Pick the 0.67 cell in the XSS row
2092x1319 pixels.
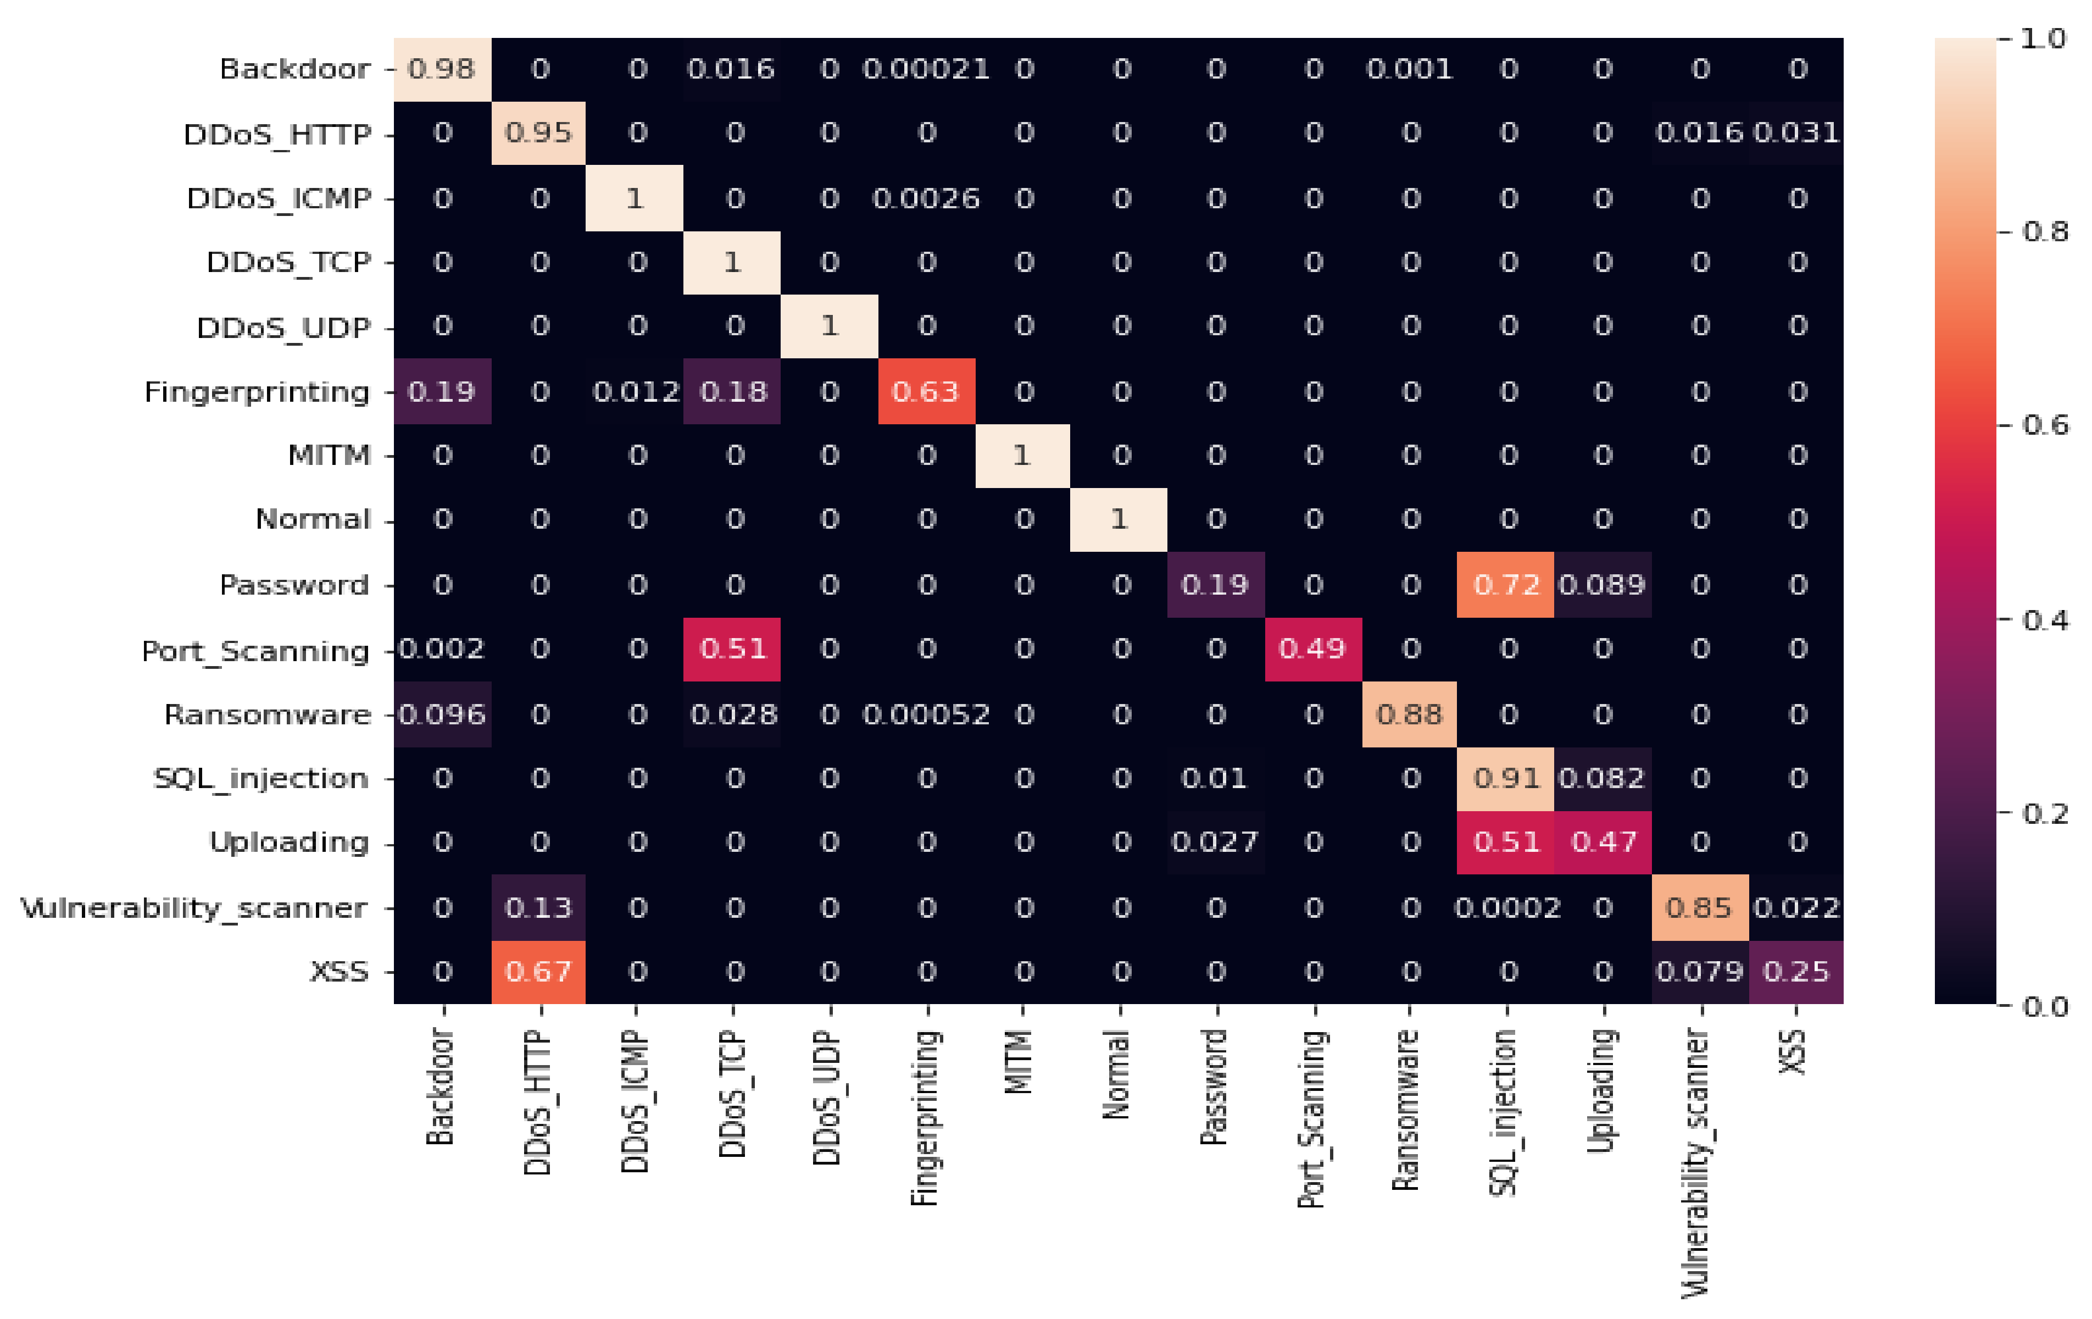point(538,972)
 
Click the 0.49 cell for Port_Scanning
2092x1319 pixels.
point(1312,649)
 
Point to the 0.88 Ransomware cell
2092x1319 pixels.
point(1409,714)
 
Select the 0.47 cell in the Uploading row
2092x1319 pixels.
point(1604,842)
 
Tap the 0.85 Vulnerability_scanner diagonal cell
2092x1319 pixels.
point(1699,908)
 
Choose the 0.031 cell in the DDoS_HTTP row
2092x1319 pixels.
point(1796,133)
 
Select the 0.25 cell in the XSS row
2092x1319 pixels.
point(1796,972)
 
